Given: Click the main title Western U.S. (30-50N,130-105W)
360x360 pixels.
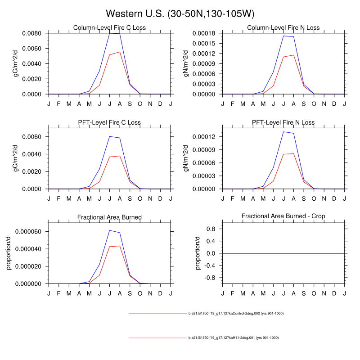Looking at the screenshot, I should (180, 13).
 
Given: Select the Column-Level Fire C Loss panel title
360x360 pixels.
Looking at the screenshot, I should (109, 28).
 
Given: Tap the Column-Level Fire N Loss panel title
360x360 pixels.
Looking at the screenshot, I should (283, 28).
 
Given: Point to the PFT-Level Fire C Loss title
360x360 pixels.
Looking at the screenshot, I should (109, 122).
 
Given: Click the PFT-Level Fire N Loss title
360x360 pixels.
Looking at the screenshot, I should (283, 122).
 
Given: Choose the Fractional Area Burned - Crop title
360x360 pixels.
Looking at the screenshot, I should (283, 216).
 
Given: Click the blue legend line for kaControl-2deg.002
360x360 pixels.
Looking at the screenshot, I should (157, 313).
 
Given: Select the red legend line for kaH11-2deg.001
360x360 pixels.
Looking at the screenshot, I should (157, 337).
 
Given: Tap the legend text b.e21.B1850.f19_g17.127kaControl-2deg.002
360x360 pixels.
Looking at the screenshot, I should (235, 313).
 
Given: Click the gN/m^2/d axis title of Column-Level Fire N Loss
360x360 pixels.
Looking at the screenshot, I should (186, 63).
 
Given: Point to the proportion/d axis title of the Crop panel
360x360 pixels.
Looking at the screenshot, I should (198, 253).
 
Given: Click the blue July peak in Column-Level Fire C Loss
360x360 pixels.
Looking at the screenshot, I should (109, 33).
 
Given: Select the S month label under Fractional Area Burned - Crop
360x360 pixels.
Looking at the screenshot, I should (303, 293).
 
